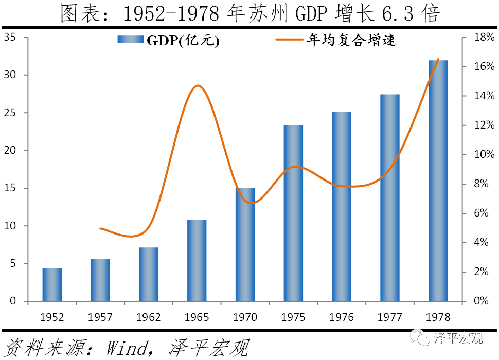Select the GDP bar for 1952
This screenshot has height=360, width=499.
pos(52,284)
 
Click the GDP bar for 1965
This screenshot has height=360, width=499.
pos(197,260)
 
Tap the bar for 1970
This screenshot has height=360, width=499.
pos(245,244)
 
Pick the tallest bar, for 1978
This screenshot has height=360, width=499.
pos(438,181)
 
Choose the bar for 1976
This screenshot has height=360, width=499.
pos(342,206)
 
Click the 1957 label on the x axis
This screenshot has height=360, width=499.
pos(100,317)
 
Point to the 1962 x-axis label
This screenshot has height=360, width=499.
pos(149,317)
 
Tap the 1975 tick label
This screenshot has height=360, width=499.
pos(293,317)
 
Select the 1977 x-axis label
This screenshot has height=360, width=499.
pos(390,317)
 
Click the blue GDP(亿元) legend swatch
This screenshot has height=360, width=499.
pos(130,40)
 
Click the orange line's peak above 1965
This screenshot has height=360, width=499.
pos(198,85)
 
